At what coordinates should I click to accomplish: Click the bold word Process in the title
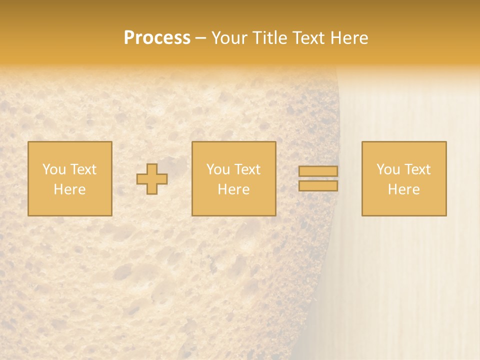[157, 38]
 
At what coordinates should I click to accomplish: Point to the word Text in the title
[310, 38]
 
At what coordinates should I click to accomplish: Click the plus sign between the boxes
[152, 179]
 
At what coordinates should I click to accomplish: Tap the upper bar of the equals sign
[318, 171]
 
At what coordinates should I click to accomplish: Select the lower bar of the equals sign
[318, 186]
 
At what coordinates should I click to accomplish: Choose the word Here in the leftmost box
[69, 189]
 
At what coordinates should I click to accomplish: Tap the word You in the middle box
[218, 169]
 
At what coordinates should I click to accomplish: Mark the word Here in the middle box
[233, 189]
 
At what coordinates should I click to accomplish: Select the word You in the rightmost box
[388, 169]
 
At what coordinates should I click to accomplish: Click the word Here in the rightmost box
[403, 189]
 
